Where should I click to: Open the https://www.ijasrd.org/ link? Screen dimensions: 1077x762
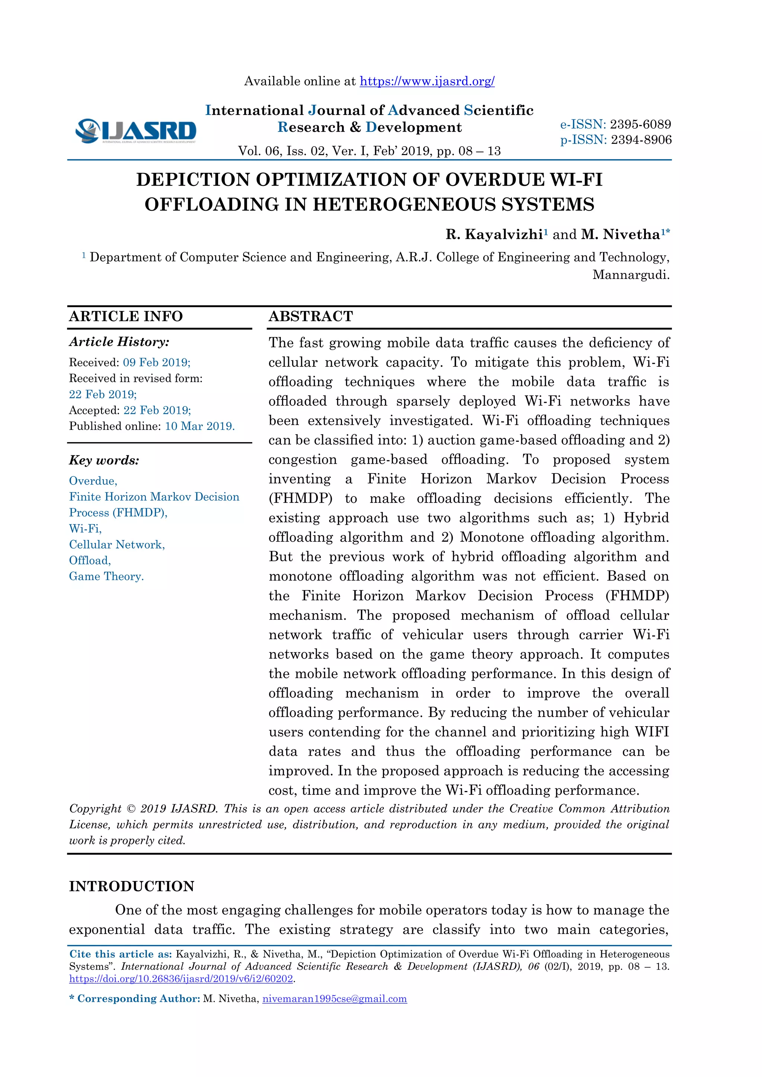click(427, 81)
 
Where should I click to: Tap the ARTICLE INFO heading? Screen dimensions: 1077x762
click(126, 316)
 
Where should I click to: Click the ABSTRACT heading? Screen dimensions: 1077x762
click(311, 316)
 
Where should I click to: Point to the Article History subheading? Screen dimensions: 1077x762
click(119, 342)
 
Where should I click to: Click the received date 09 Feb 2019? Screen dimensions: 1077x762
click(156, 363)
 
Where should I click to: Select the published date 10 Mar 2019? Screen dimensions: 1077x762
click(199, 427)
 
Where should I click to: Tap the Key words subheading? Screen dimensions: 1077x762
click(104, 460)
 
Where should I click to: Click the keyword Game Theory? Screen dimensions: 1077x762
click(106, 576)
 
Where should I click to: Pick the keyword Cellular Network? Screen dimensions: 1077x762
click(117, 544)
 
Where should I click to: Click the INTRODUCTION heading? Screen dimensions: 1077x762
click(131, 886)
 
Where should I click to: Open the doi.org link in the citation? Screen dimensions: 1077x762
click(181, 979)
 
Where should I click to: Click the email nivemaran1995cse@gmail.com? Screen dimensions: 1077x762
click(334, 999)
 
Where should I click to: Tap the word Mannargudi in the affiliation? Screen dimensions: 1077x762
click(630, 275)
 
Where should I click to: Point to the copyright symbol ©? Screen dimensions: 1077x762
click(131, 809)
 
